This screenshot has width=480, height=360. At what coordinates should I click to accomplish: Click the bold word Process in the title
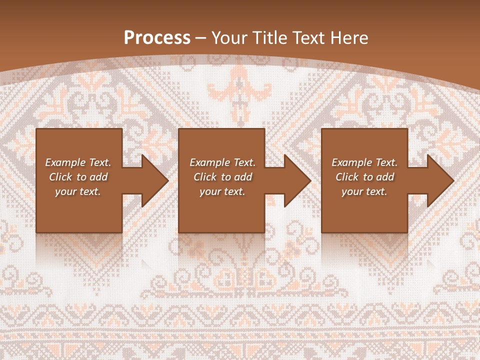coord(157,38)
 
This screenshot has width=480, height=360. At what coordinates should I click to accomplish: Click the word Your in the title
coord(230,38)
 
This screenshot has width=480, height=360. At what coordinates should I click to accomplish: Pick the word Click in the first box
coord(61,177)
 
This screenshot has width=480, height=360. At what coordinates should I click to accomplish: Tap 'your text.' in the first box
coord(78,191)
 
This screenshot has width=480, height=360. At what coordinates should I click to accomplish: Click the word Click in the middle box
coord(205,177)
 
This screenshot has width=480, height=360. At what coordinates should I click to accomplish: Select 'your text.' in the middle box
coord(222,191)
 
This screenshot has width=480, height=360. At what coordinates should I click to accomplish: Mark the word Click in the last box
coord(347,177)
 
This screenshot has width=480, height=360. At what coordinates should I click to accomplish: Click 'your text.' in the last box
coord(364,191)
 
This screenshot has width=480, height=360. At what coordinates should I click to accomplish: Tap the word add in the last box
coord(385,177)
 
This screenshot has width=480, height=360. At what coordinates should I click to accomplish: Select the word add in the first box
coord(98,177)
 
